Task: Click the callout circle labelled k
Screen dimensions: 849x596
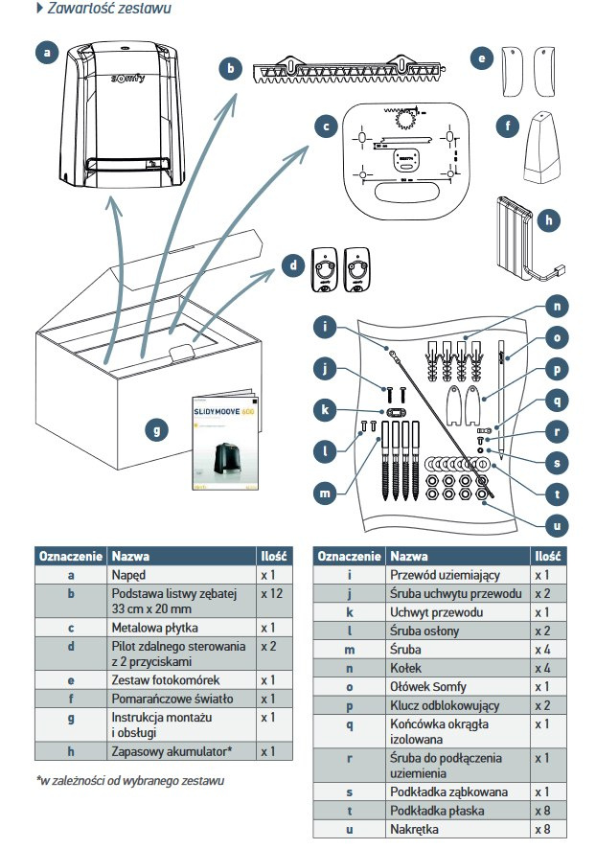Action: (x=326, y=410)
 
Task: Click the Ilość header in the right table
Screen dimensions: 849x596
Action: (x=547, y=556)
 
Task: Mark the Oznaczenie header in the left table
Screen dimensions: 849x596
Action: (x=71, y=556)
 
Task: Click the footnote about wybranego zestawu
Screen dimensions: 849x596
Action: (x=130, y=780)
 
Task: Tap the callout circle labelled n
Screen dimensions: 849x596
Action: (x=559, y=307)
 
